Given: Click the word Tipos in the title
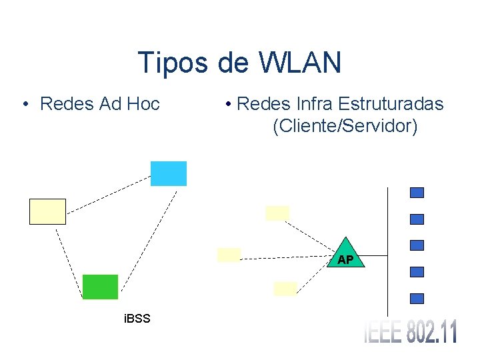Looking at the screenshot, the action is (173, 63).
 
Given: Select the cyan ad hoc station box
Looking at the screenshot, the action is (169, 173).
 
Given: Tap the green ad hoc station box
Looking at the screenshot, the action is (100, 287).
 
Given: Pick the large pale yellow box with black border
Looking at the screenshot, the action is (48, 211).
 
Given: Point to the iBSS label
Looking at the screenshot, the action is (137, 319).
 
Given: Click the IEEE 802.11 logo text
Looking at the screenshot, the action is (411, 331).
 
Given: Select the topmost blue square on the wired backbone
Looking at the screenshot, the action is (417, 193).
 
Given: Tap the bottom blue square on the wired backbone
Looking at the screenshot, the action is (417, 298).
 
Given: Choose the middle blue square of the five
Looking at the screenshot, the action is (417, 245).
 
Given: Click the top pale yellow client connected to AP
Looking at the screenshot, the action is (277, 213).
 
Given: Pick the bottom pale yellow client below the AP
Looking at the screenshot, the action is (285, 288).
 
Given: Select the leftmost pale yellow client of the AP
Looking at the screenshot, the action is (229, 255).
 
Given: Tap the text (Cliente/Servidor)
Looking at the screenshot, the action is (345, 125).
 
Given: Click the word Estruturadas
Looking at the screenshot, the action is (391, 104).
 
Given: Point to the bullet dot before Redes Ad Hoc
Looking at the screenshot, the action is (24, 105).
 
